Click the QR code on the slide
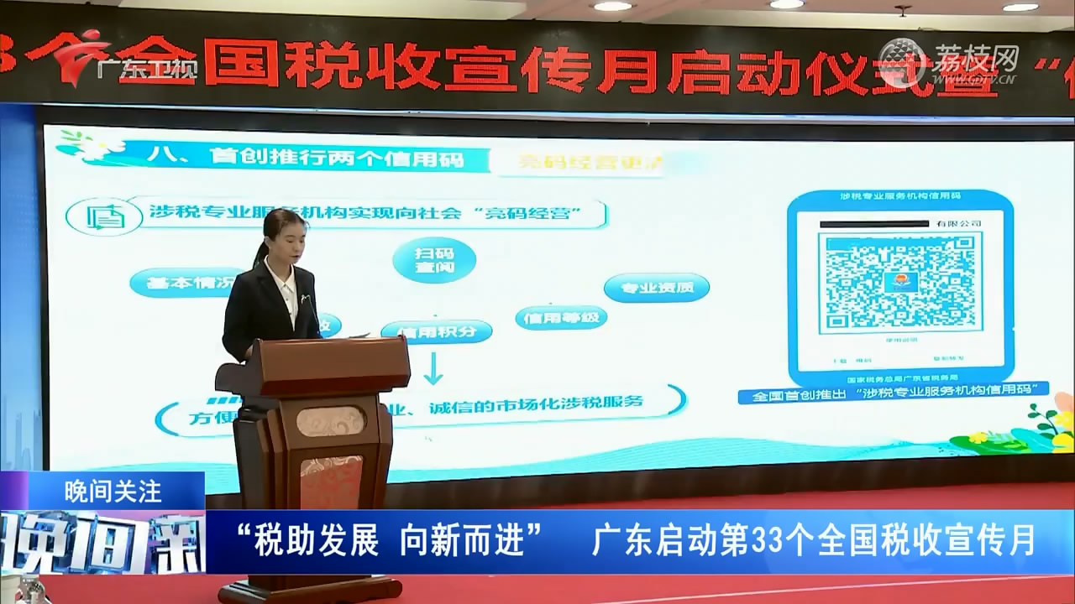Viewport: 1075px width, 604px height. click(x=899, y=284)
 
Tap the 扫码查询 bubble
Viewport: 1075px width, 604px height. click(x=434, y=259)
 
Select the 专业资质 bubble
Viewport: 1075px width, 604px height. click(x=657, y=288)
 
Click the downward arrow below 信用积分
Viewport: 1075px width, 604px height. click(x=434, y=367)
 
